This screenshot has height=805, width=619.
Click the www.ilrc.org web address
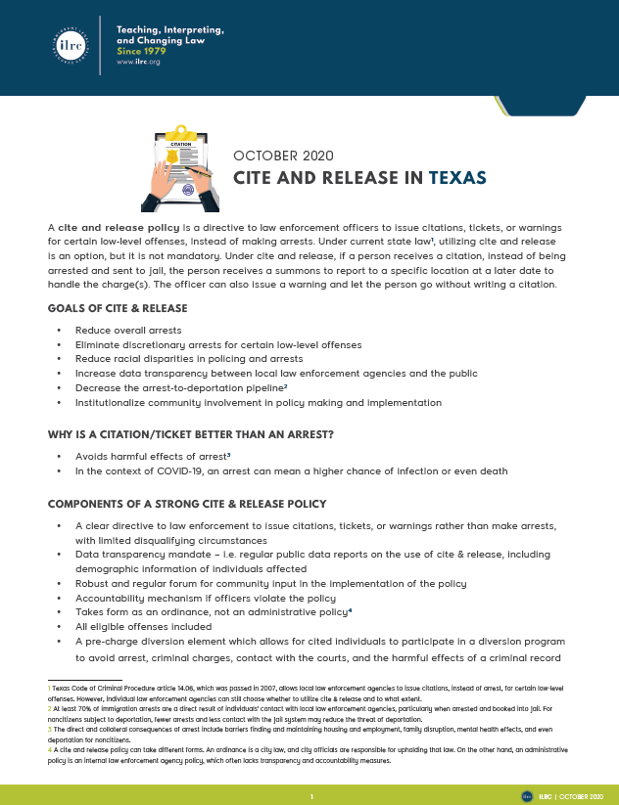[x=138, y=62]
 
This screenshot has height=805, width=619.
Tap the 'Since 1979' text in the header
[x=143, y=51]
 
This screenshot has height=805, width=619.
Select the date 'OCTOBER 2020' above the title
[x=283, y=156]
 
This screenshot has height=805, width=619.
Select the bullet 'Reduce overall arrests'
[x=128, y=331]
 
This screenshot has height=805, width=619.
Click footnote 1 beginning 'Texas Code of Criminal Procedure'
[x=294, y=692]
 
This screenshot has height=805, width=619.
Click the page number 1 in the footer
[x=310, y=796]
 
